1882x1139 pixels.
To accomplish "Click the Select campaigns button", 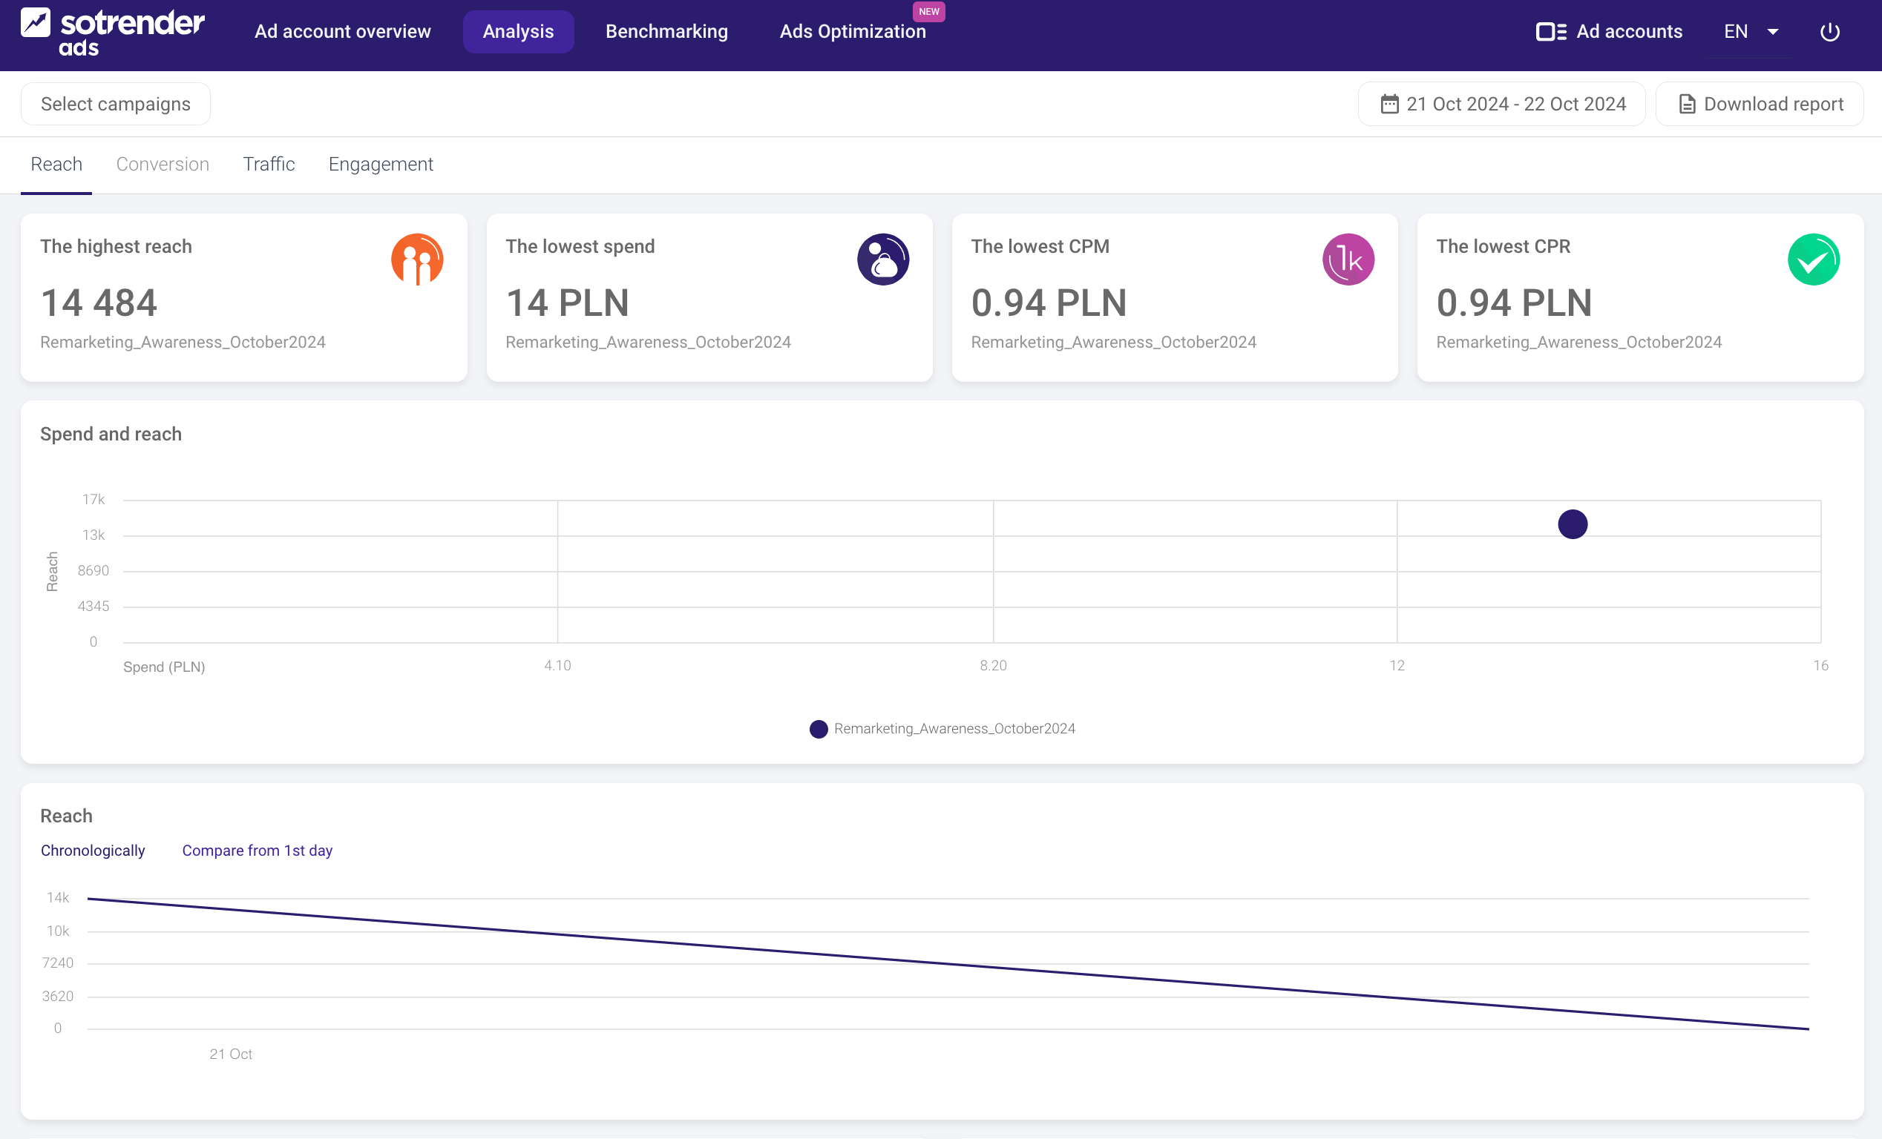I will [115, 104].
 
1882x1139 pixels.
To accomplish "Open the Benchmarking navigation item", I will [666, 31].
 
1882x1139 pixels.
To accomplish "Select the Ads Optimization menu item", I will [852, 31].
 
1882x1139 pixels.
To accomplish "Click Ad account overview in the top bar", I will [342, 31].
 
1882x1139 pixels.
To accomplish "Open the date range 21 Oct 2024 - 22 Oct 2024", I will [1501, 104].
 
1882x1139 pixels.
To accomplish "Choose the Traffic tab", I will [268, 164].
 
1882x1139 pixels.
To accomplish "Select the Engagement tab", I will [381, 164].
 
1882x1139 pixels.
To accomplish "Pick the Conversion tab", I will [162, 164].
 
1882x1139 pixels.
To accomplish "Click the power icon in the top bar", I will [1829, 31].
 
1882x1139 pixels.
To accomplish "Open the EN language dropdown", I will [1751, 31].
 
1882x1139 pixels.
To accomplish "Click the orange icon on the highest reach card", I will [417, 260].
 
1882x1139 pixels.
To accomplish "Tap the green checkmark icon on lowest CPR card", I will [1813, 260].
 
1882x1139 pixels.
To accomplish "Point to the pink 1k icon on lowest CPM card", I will [1348, 260].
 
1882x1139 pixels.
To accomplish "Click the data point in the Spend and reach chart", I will [1572, 524].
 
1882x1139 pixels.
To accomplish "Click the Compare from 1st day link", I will [257, 851].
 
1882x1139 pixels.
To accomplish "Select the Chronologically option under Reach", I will [93, 851].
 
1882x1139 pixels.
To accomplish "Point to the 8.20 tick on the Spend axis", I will [993, 666].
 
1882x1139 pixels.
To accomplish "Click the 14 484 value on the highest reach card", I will [99, 303].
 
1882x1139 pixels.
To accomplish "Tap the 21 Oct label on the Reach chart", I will [231, 1054].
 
